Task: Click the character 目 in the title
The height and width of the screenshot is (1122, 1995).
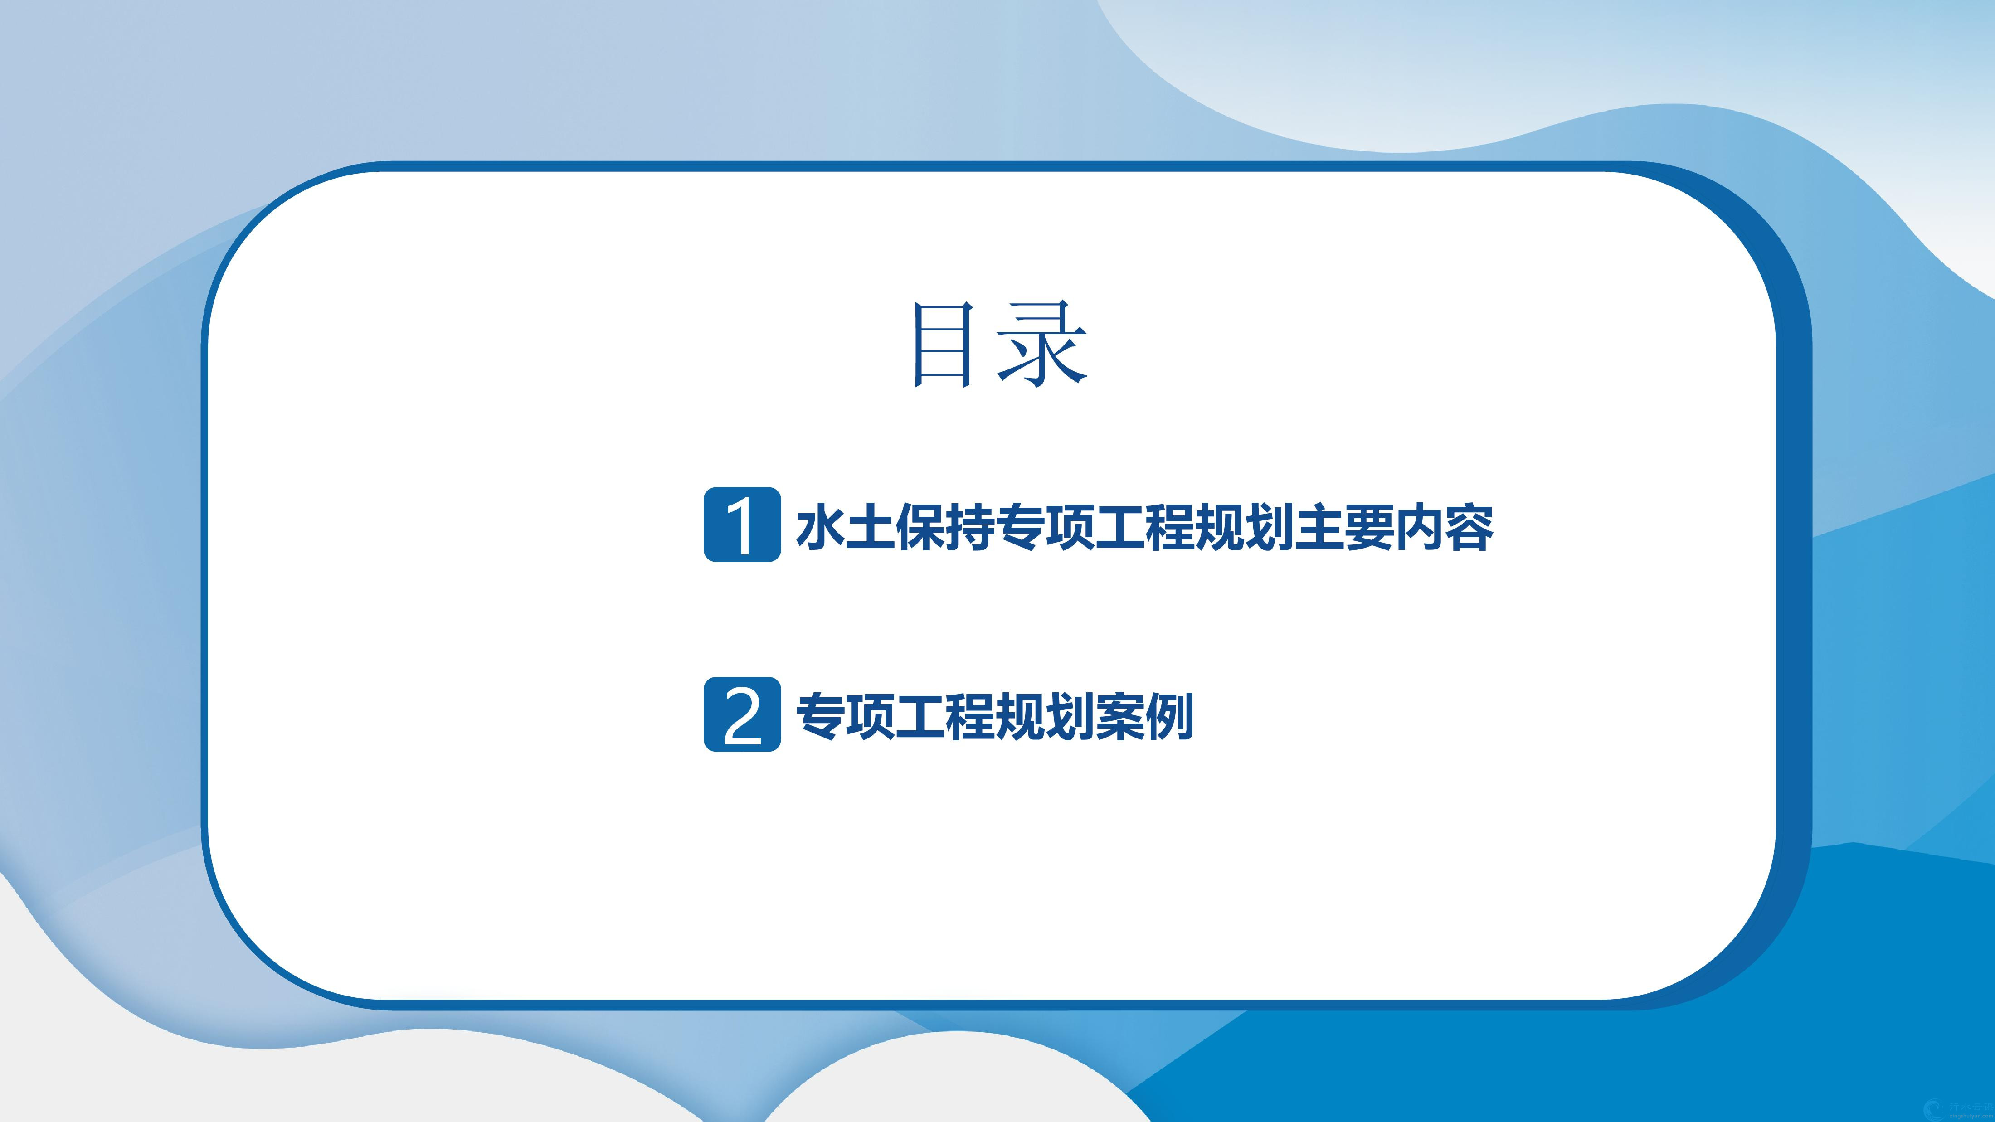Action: [x=943, y=345]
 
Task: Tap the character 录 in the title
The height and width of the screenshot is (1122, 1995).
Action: [x=1042, y=343]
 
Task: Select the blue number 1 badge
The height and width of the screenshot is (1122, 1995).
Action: [x=742, y=524]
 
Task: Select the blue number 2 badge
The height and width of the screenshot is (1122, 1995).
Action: [x=742, y=714]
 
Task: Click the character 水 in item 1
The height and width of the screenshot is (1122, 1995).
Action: [x=821, y=526]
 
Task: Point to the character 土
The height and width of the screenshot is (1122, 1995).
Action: [x=871, y=526]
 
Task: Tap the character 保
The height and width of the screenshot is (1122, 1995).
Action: [x=920, y=526]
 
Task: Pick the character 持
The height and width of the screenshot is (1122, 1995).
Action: [x=970, y=526]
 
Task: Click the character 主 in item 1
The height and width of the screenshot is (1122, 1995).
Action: [x=1318, y=526]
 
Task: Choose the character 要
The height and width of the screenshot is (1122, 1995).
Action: [x=1367, y=526]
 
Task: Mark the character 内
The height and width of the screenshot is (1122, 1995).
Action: [x=1418, y=526]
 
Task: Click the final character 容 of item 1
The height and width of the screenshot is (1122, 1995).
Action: [x=1468, y=526]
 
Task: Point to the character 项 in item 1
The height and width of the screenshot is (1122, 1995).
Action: [x=1070, y=526]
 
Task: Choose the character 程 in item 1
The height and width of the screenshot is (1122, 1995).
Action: [x=1168, y=526]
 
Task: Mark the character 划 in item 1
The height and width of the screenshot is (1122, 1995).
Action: [x=1269, y=526]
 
